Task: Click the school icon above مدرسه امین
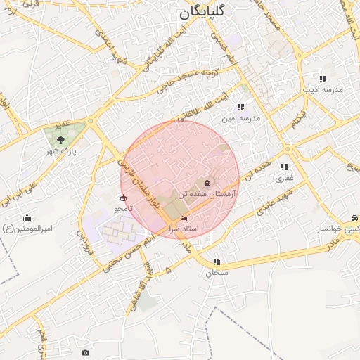(x=240, y=108)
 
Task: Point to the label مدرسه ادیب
(x=322, y=90)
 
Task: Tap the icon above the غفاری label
(x=283, y=167)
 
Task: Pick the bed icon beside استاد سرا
(x=184, y=219)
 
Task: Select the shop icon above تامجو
(x=124, y=198)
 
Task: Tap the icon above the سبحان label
(x=217, y=262)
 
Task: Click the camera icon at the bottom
(x=86, y=352)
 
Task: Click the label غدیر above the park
(x=63, y=124)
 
